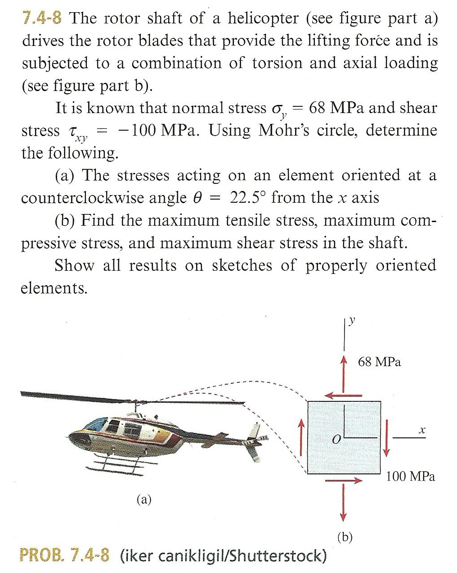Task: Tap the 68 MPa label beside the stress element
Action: [379, 362]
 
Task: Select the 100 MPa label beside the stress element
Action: [410, 476]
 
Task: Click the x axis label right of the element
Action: [421, 431]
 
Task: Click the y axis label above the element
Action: [352, 321]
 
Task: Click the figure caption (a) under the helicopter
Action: [144, 499]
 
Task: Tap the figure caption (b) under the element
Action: [345, 537]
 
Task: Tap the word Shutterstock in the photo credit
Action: [278, 556]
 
